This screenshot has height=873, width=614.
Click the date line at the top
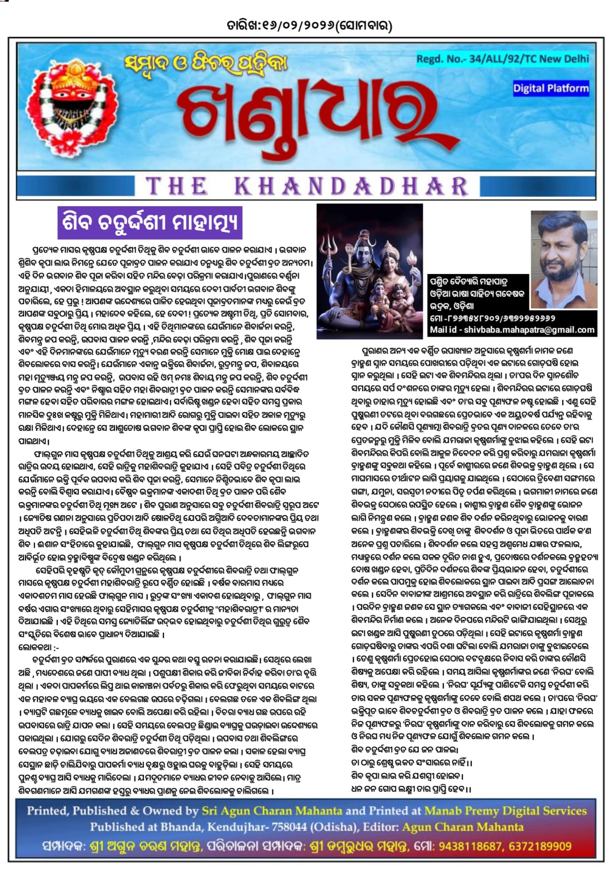point(309,25)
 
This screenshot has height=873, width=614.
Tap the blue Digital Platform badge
point(551,88)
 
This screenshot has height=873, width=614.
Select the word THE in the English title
point(176,187)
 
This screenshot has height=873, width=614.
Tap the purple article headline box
point(149,223)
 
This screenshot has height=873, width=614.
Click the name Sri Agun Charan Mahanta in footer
point(272,811)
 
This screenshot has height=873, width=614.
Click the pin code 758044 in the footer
point(288,827)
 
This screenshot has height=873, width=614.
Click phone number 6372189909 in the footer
point(540,846)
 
